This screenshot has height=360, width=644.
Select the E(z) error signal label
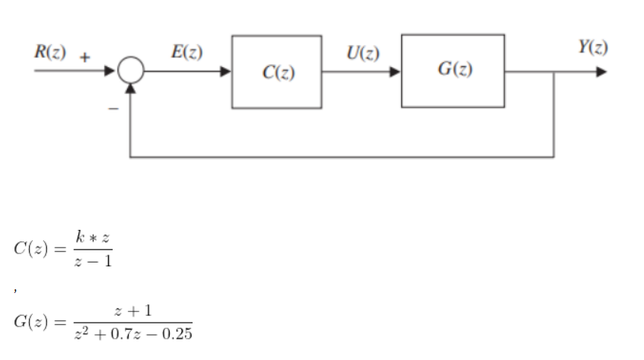186,53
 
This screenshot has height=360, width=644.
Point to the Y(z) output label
592,46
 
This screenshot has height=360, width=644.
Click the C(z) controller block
277,72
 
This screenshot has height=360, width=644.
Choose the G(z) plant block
453,70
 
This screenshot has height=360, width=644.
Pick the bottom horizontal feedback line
343,157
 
